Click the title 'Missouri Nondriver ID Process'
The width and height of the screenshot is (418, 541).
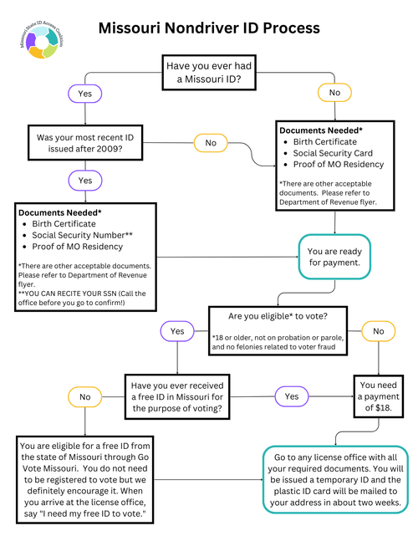coord(208,28)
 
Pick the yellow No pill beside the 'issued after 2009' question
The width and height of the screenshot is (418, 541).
coord(211,143)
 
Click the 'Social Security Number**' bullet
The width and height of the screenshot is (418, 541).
coord(82,235)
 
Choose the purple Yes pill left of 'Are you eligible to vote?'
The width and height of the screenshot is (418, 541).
coord(177,332)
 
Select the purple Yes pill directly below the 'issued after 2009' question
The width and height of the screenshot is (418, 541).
coord(84,180)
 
